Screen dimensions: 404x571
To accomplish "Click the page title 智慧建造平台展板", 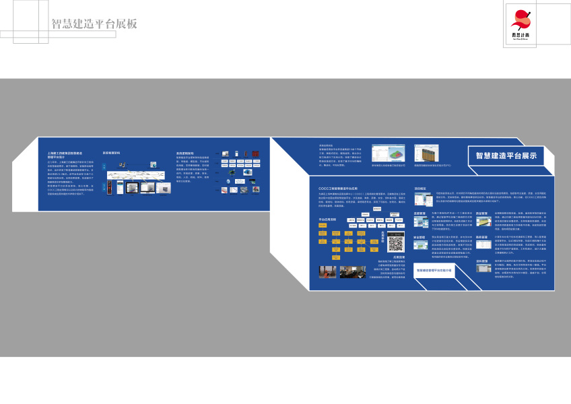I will [94, 24].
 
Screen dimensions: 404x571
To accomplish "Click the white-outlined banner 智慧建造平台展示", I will [506, 156].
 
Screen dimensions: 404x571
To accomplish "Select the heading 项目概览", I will [420, 189].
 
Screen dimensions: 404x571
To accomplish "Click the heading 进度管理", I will [419, 213].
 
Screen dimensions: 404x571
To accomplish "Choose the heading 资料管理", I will [481, 261].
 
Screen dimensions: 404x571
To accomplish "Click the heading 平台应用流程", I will [328, 220].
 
